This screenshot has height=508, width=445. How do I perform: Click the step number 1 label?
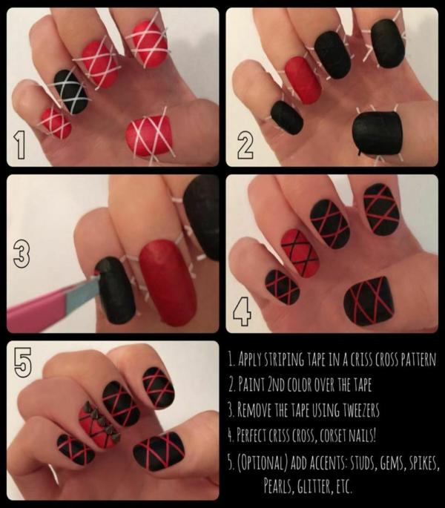pos(21,146)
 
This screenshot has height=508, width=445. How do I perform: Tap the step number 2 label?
pos(245,146)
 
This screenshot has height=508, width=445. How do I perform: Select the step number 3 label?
pos(22,254)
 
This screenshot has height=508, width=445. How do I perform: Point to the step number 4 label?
pos(242,311)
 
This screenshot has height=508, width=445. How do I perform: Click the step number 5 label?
pos(23,362)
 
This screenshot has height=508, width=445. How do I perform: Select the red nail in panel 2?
pos(303,79)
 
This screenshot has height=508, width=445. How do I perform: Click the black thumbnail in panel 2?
pos(377,133)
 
